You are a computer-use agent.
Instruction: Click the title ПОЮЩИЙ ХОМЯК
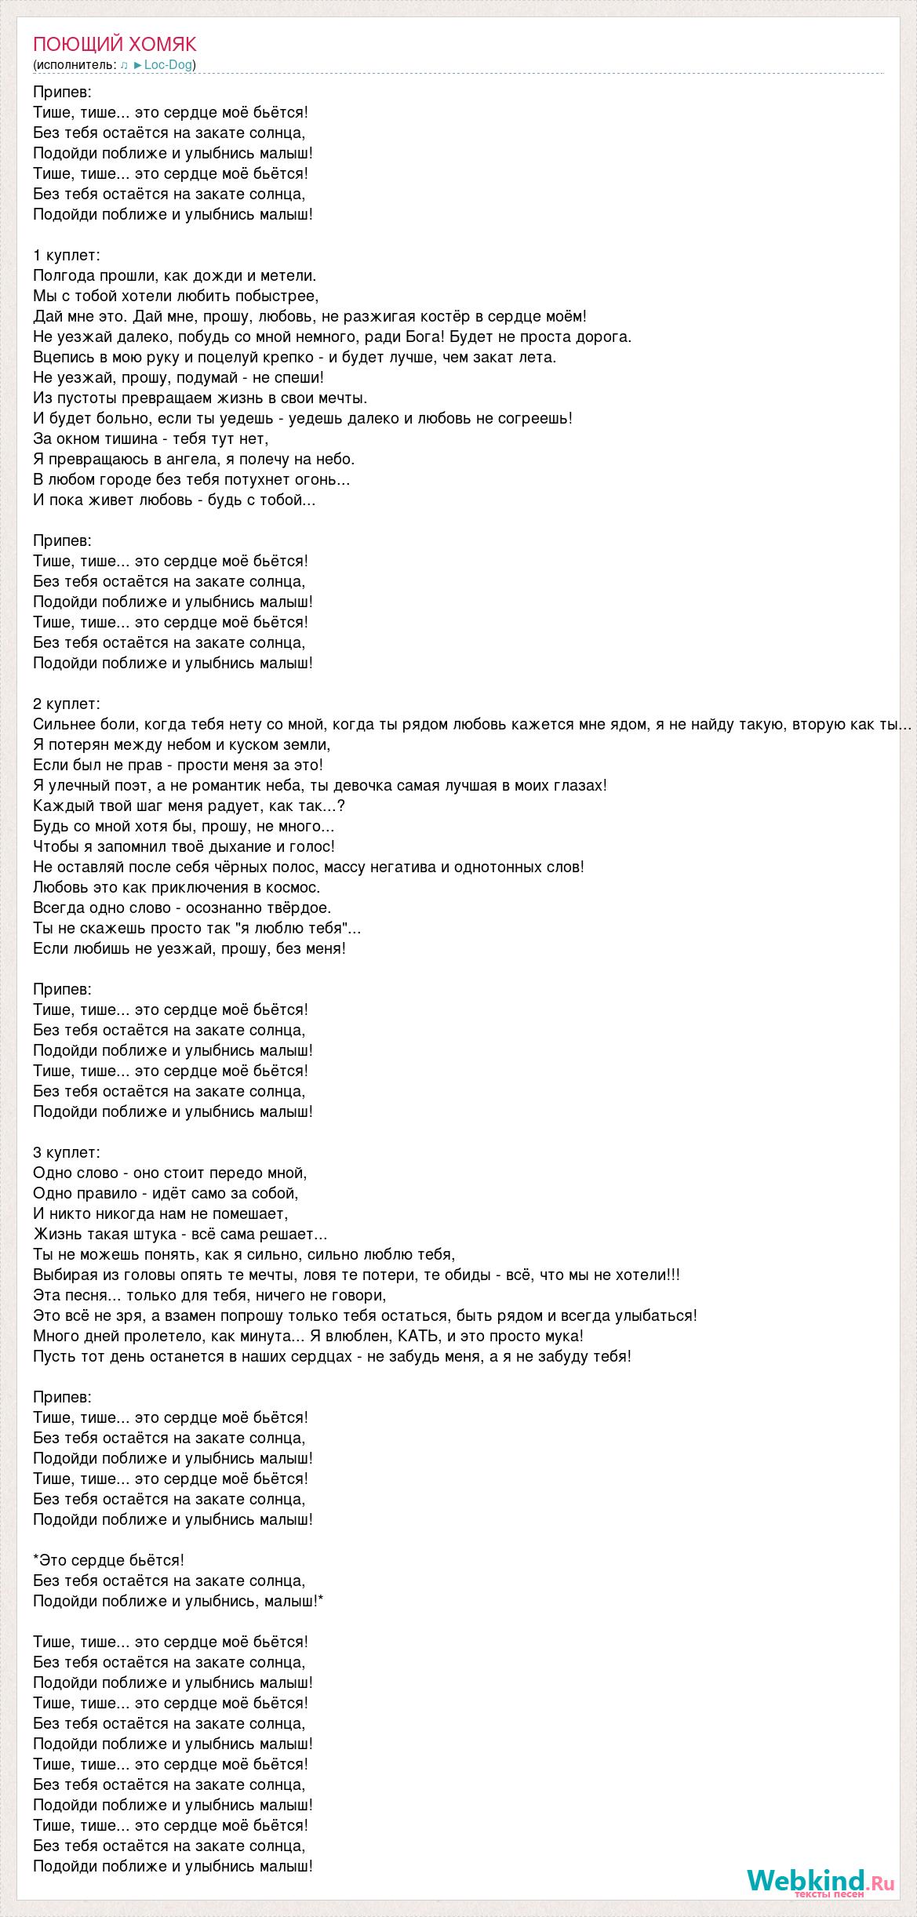pos(115,44)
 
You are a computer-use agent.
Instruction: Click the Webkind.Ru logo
pos(820,1881)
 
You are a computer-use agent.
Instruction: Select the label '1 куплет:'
pos(67,255)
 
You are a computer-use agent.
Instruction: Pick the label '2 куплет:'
pos(67,704)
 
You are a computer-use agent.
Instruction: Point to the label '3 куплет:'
pos(67,1152)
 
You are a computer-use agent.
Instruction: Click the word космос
pos(293,887)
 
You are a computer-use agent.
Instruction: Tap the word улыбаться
pos(657,1315)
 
